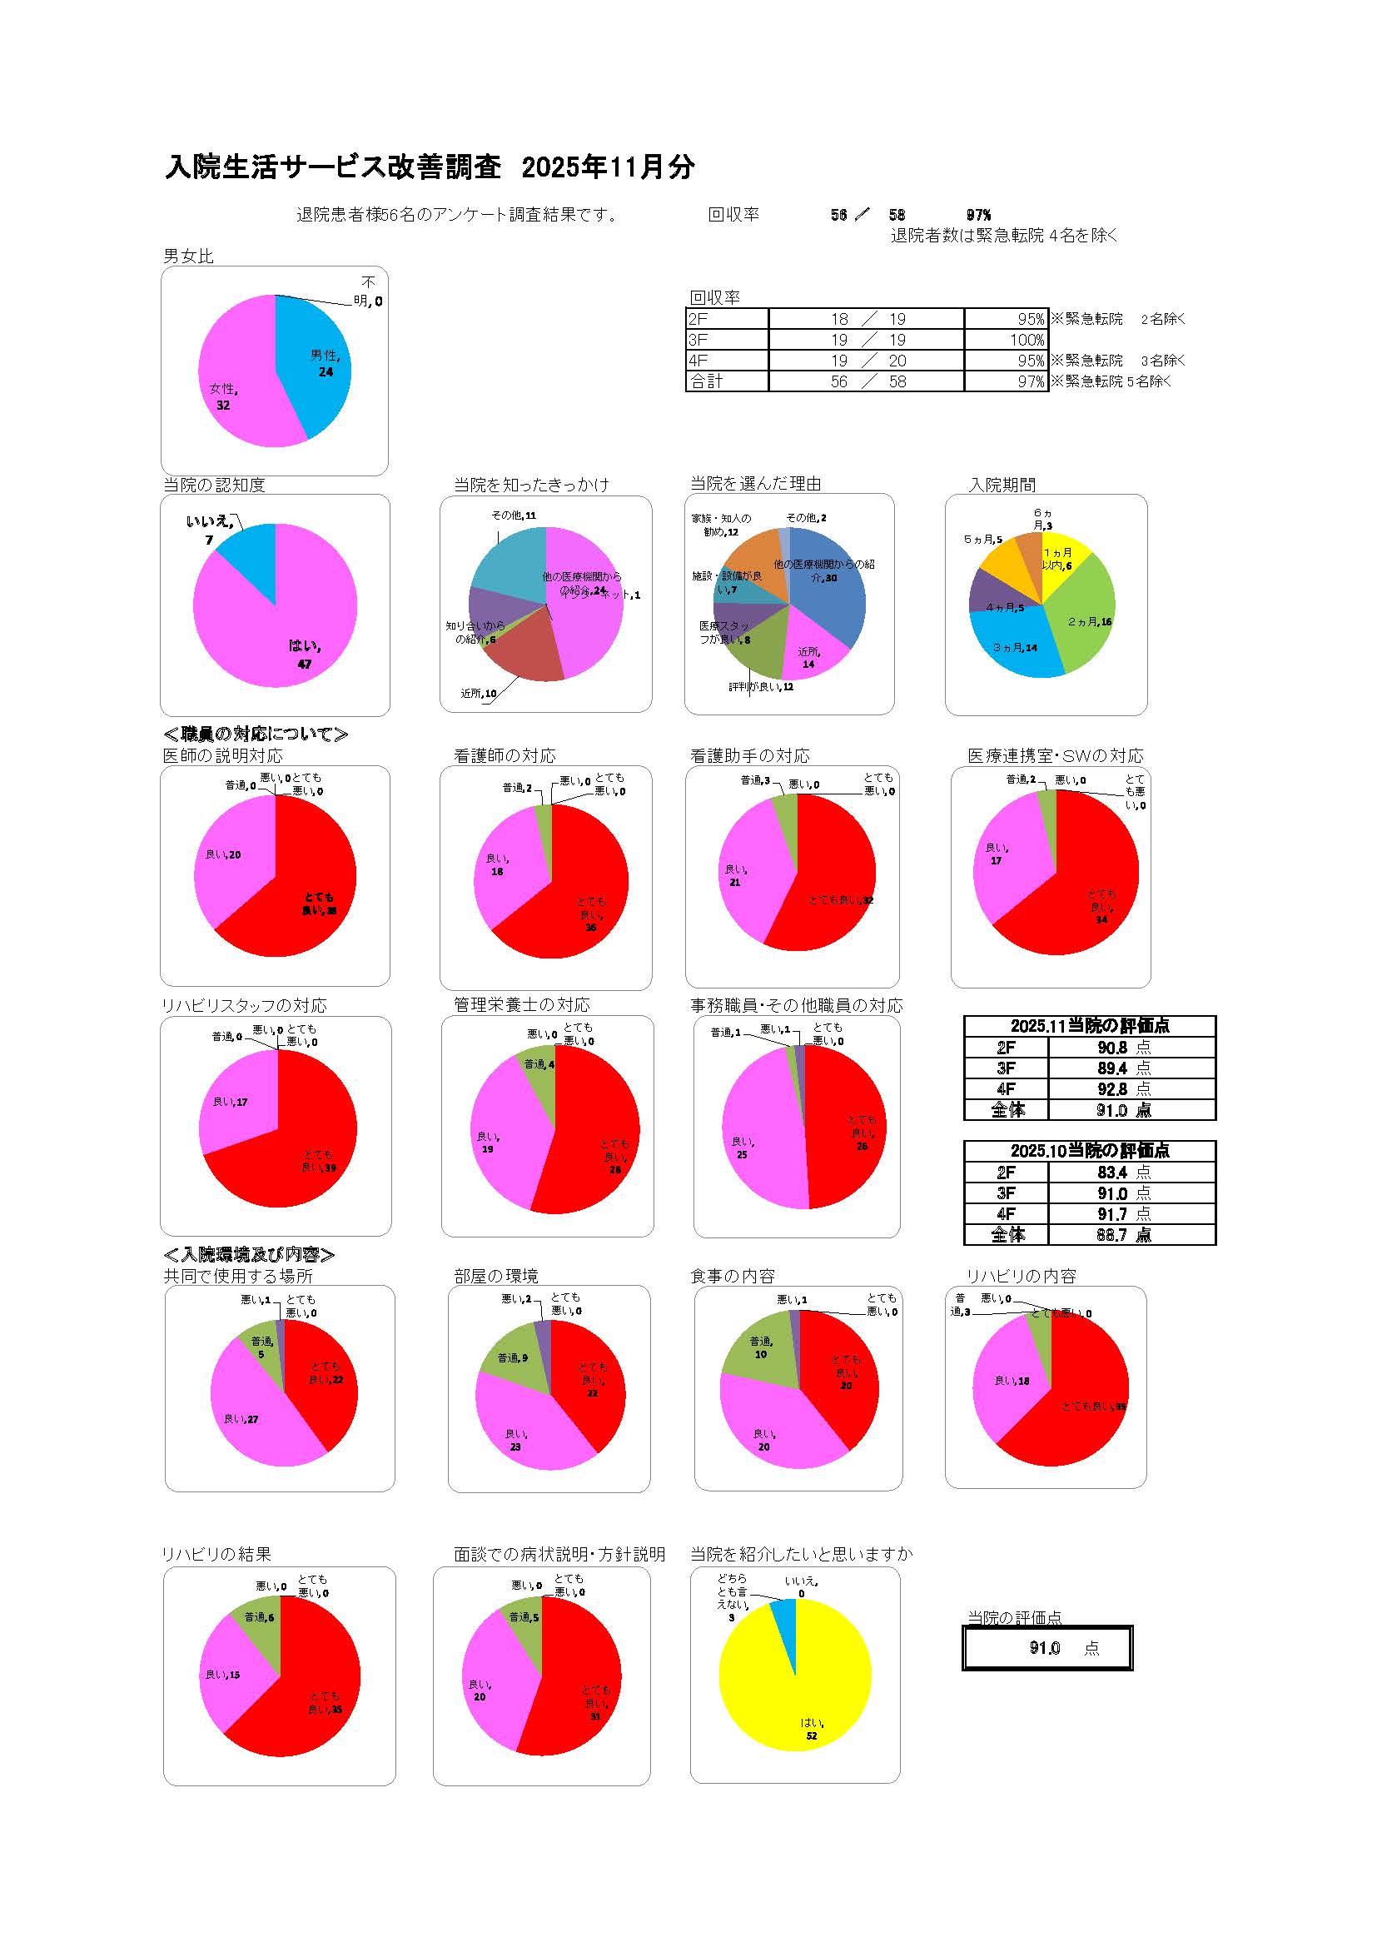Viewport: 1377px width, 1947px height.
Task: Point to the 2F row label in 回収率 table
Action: pyautogui.click(x=698, y=320)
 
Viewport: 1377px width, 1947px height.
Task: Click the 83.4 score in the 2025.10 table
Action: pyautogui.click(x=1112, y=1173)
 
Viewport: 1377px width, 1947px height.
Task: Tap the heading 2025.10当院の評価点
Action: pyautogui.click(x=1090, y=1151)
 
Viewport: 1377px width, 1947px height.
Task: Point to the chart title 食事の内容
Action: pyautogui.click(x=733, y=1277)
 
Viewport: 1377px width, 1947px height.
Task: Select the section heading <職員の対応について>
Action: pyautogui.click(x=256, y=734)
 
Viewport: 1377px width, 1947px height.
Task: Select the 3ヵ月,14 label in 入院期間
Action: pyautogui.click(x=1015, y=648)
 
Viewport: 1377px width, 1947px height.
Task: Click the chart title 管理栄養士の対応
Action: pyautogui.click(x=521, y=1005)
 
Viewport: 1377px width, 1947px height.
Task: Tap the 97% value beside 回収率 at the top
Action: pyautogui.click(x=978, y=216)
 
